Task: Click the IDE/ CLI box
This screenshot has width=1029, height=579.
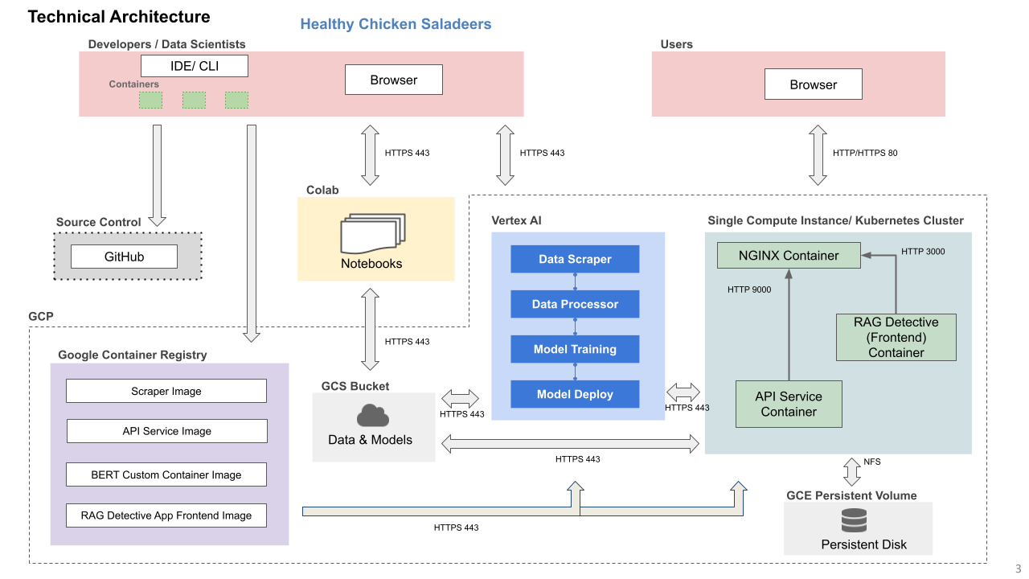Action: [195, 66]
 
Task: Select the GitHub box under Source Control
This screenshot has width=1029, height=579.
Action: [124, 257]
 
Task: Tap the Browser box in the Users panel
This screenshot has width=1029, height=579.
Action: [813, 84]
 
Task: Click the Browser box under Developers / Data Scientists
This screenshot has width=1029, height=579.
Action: [394, 80]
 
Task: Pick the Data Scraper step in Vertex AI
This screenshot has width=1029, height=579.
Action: [575, 259]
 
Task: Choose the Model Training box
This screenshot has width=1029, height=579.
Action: [575, 349]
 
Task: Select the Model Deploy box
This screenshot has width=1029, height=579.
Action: [575, 394]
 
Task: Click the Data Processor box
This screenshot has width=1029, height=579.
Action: [575, 304]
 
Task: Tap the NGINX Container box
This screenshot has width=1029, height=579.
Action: [789, 256]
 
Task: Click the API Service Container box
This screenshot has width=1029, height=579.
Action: [789, 404]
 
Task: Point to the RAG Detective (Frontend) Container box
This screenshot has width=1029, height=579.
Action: [896, 337]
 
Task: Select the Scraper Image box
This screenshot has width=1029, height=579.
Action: [166, 391]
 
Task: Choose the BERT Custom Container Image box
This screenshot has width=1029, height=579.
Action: [166, 474]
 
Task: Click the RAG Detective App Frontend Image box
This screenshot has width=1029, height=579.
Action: [166, 515]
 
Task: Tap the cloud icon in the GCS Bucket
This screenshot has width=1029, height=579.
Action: [373, 416]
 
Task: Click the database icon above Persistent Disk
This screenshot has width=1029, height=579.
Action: [854, 520]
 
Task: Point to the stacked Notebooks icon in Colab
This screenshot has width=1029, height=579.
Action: [373, 233]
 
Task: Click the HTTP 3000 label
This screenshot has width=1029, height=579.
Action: [923, 252]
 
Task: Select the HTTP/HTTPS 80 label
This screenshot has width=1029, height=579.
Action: [865, 153]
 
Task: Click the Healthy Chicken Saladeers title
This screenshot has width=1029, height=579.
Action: [396, 24]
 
